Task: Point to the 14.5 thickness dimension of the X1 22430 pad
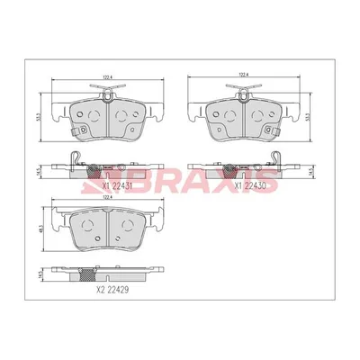310,169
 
